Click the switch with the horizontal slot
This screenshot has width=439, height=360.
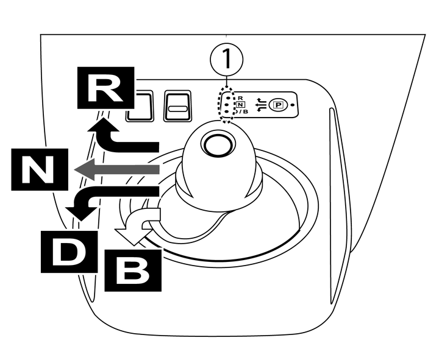178,108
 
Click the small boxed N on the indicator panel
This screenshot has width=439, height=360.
240,104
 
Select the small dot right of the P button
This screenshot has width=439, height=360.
293,104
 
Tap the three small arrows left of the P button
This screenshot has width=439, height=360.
261,104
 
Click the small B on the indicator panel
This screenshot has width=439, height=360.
245,112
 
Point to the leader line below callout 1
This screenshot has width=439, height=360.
227,81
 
